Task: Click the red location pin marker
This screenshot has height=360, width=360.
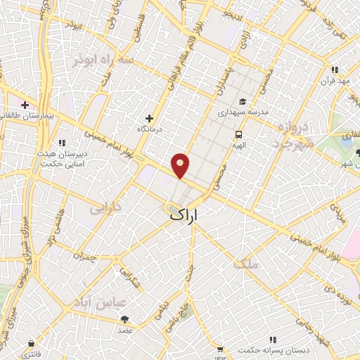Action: point(181,165)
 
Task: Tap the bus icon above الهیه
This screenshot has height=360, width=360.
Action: point(239,134)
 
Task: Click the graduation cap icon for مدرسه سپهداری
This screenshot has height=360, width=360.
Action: point(243,101)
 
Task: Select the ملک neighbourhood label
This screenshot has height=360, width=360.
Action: point(250,264)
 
